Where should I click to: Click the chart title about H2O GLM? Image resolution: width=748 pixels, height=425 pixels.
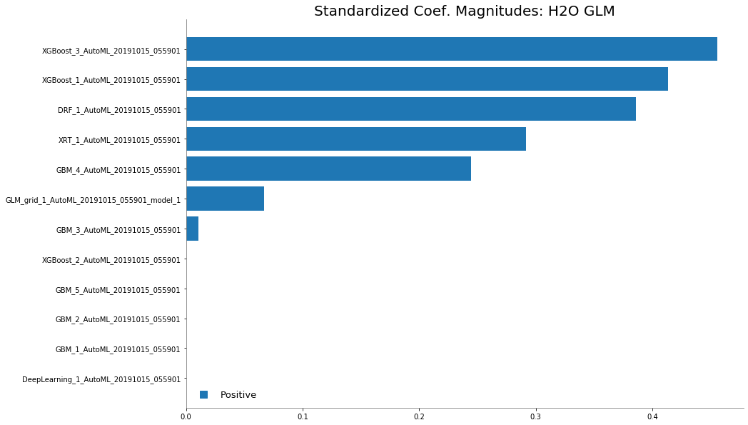point(464,11)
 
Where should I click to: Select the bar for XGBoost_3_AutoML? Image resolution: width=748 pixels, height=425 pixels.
point(451,49)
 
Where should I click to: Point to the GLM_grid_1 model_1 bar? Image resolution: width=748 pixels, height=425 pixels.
point(225,199)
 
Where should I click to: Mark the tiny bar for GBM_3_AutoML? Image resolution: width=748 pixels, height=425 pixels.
point(192,230)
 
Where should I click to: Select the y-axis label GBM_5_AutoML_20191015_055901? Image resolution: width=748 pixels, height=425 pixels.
point(118,290)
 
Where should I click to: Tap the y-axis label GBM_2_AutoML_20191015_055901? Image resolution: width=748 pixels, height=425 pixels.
point(118,319)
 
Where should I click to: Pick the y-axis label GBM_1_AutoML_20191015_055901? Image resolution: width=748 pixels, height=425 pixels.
point(118,349)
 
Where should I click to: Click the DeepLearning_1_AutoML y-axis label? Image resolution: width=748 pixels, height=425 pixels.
point(101,379)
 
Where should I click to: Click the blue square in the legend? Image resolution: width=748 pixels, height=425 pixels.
point(203,394)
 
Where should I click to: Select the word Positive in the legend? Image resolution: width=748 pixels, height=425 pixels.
point(238,394)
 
